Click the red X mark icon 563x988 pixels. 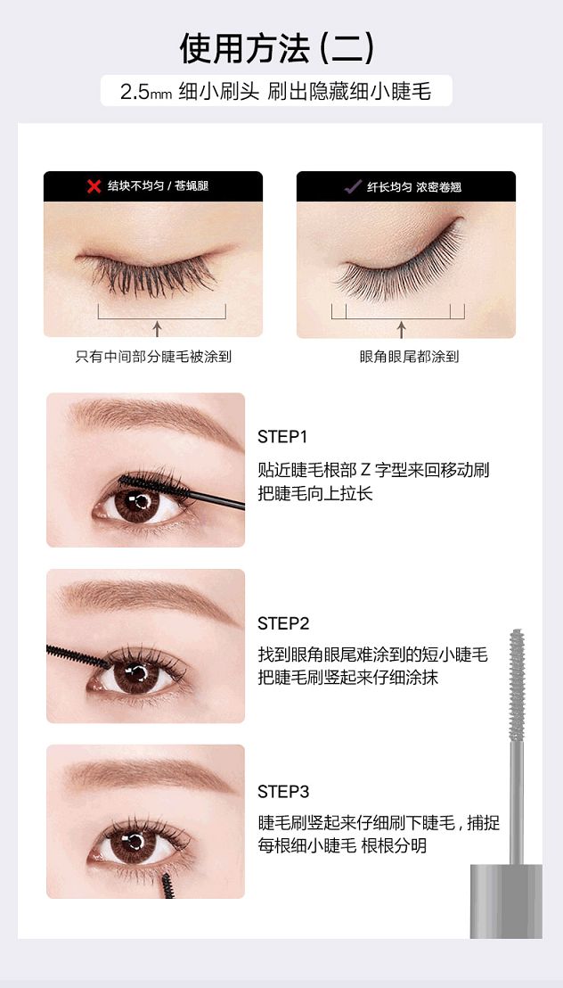[94, 186]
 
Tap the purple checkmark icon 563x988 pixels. [353, 186]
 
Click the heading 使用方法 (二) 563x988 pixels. [277, 48]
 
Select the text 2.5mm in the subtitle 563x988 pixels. [146, 93]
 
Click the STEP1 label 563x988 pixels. [282, 437]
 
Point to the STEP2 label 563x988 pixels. [283, 624]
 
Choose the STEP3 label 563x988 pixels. [283, 792]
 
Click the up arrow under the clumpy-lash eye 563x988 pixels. [158, 328]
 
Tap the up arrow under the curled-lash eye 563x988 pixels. [401, 329]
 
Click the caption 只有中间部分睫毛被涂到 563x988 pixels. [153, 357]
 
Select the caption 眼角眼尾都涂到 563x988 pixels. [410, 357]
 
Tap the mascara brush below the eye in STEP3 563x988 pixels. [167, 885]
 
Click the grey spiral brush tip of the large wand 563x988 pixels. [517, 684]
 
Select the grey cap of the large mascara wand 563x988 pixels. [506, 901]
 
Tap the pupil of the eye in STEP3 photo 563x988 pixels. [134, 842]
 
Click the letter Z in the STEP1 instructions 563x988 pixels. [366, 470]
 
